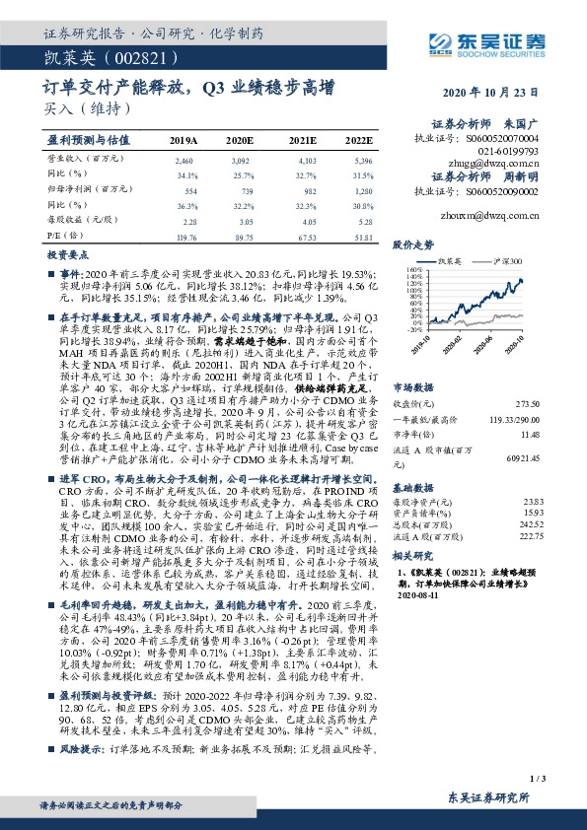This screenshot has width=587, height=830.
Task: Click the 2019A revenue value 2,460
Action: click(x=183, y=160)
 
